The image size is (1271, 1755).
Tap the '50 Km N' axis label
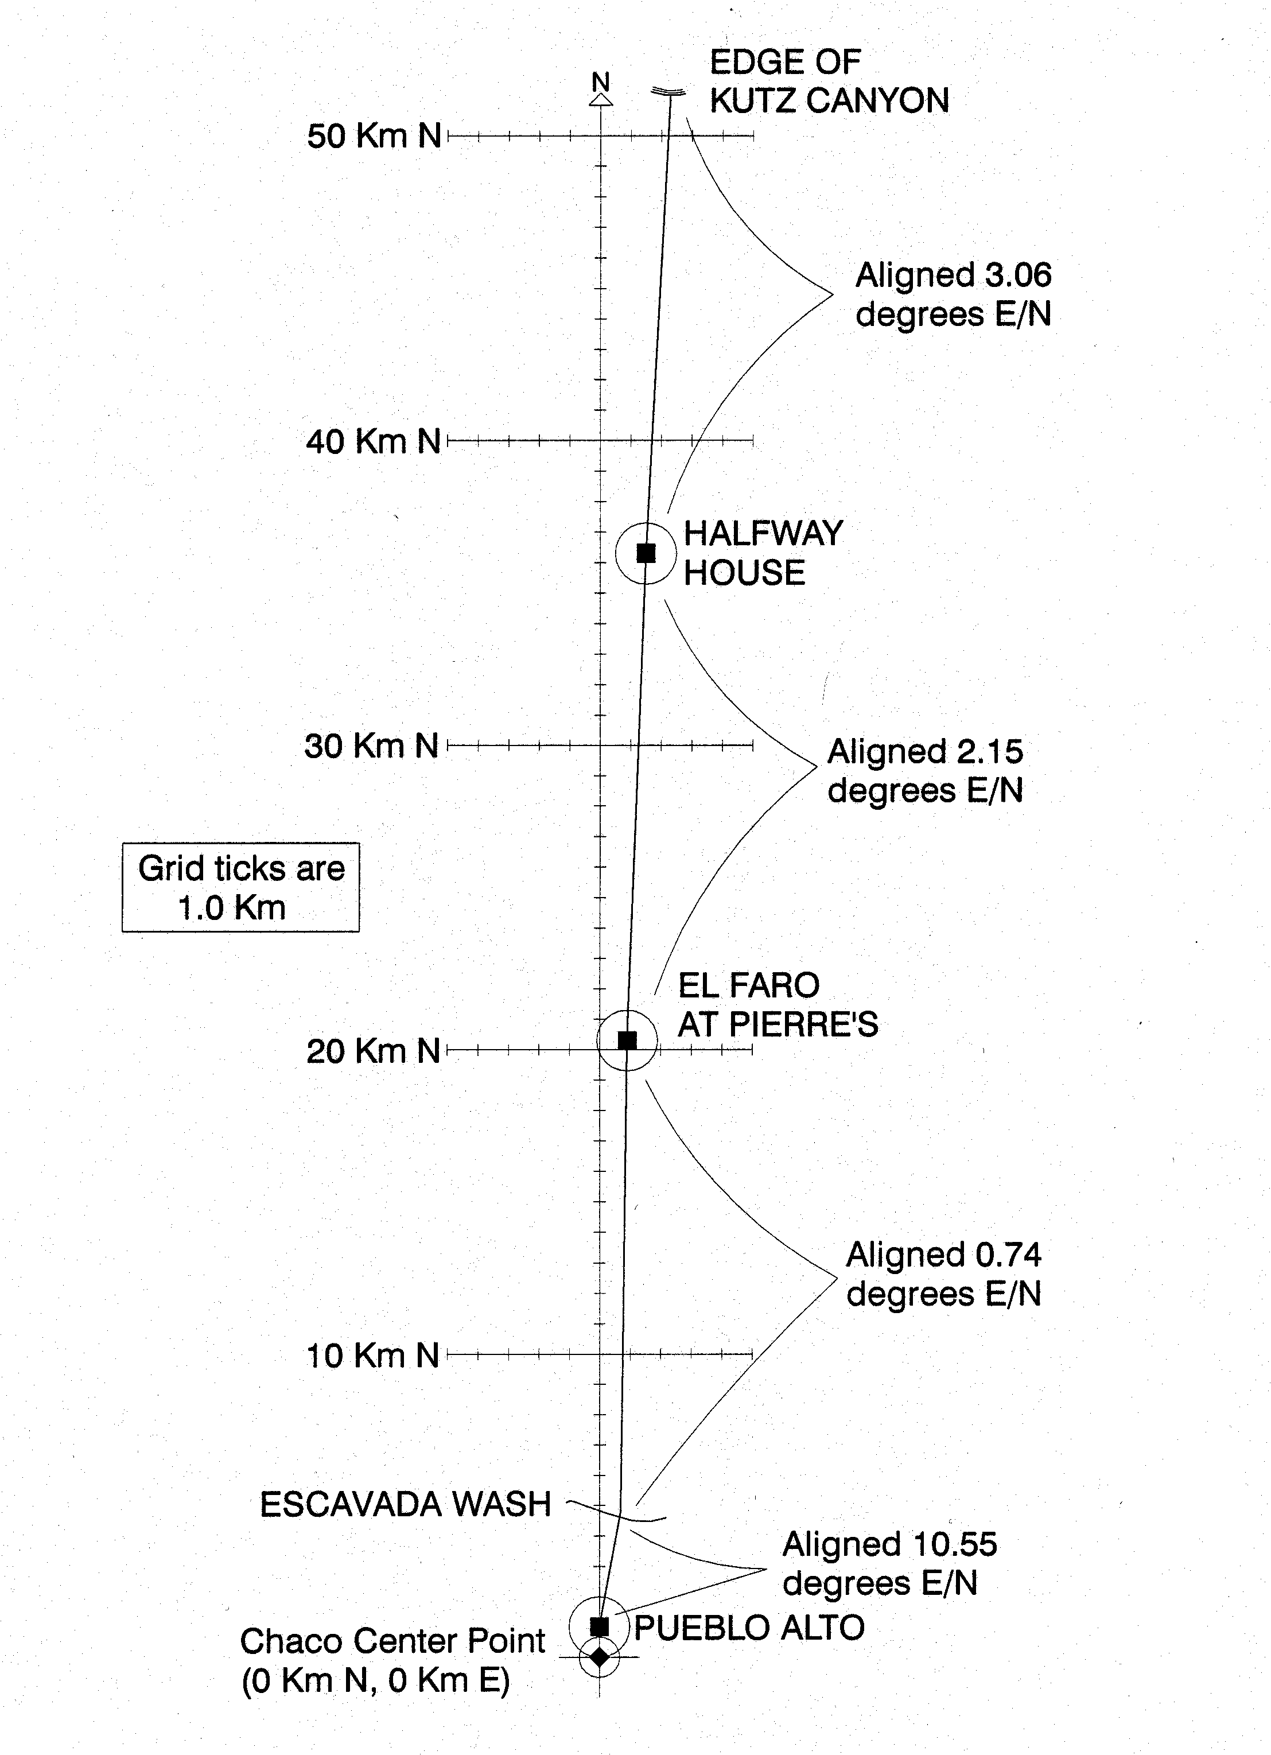pyautogui.click(x=374, y=136)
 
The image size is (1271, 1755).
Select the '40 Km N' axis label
pyautogui.click(x=373, y=442)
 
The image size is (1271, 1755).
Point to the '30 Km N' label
pyautogui.click(x=371, y=746)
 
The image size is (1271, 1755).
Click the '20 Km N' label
pyautogui.click(x=373, y=1051)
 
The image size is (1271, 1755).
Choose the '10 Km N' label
pyautogui.click(x=373, y=1356)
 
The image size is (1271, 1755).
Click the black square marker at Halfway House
pyautogui.click(x=646, y=553)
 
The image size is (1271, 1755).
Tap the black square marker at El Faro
pyautogui.click(x=627, y=1040)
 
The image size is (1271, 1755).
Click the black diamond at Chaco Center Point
pyautogui.click(x=600, y=1657)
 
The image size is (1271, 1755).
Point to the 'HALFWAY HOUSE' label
pyautogui.click(x=763, y=553)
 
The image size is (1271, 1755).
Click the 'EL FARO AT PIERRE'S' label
pyautogui.click(x=778, y=1004)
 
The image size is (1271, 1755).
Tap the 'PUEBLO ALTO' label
pyautogui.click(x=749, y=1628)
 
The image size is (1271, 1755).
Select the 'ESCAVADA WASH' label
pyautogui.click(x=405, y=1504)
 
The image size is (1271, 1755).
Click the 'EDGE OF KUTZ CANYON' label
pyautogui.click(x=829, y=81)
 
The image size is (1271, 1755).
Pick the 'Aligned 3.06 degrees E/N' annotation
pyautogui.click(x=954, y=295)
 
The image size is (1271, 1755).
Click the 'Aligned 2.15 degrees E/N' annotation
pyautogui.click(x=925, y=771)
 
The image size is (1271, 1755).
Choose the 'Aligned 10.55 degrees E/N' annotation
pyautogui.click(x=889, y=1564)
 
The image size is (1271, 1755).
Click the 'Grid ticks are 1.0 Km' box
pyautogui.click(x=240, y=887)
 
